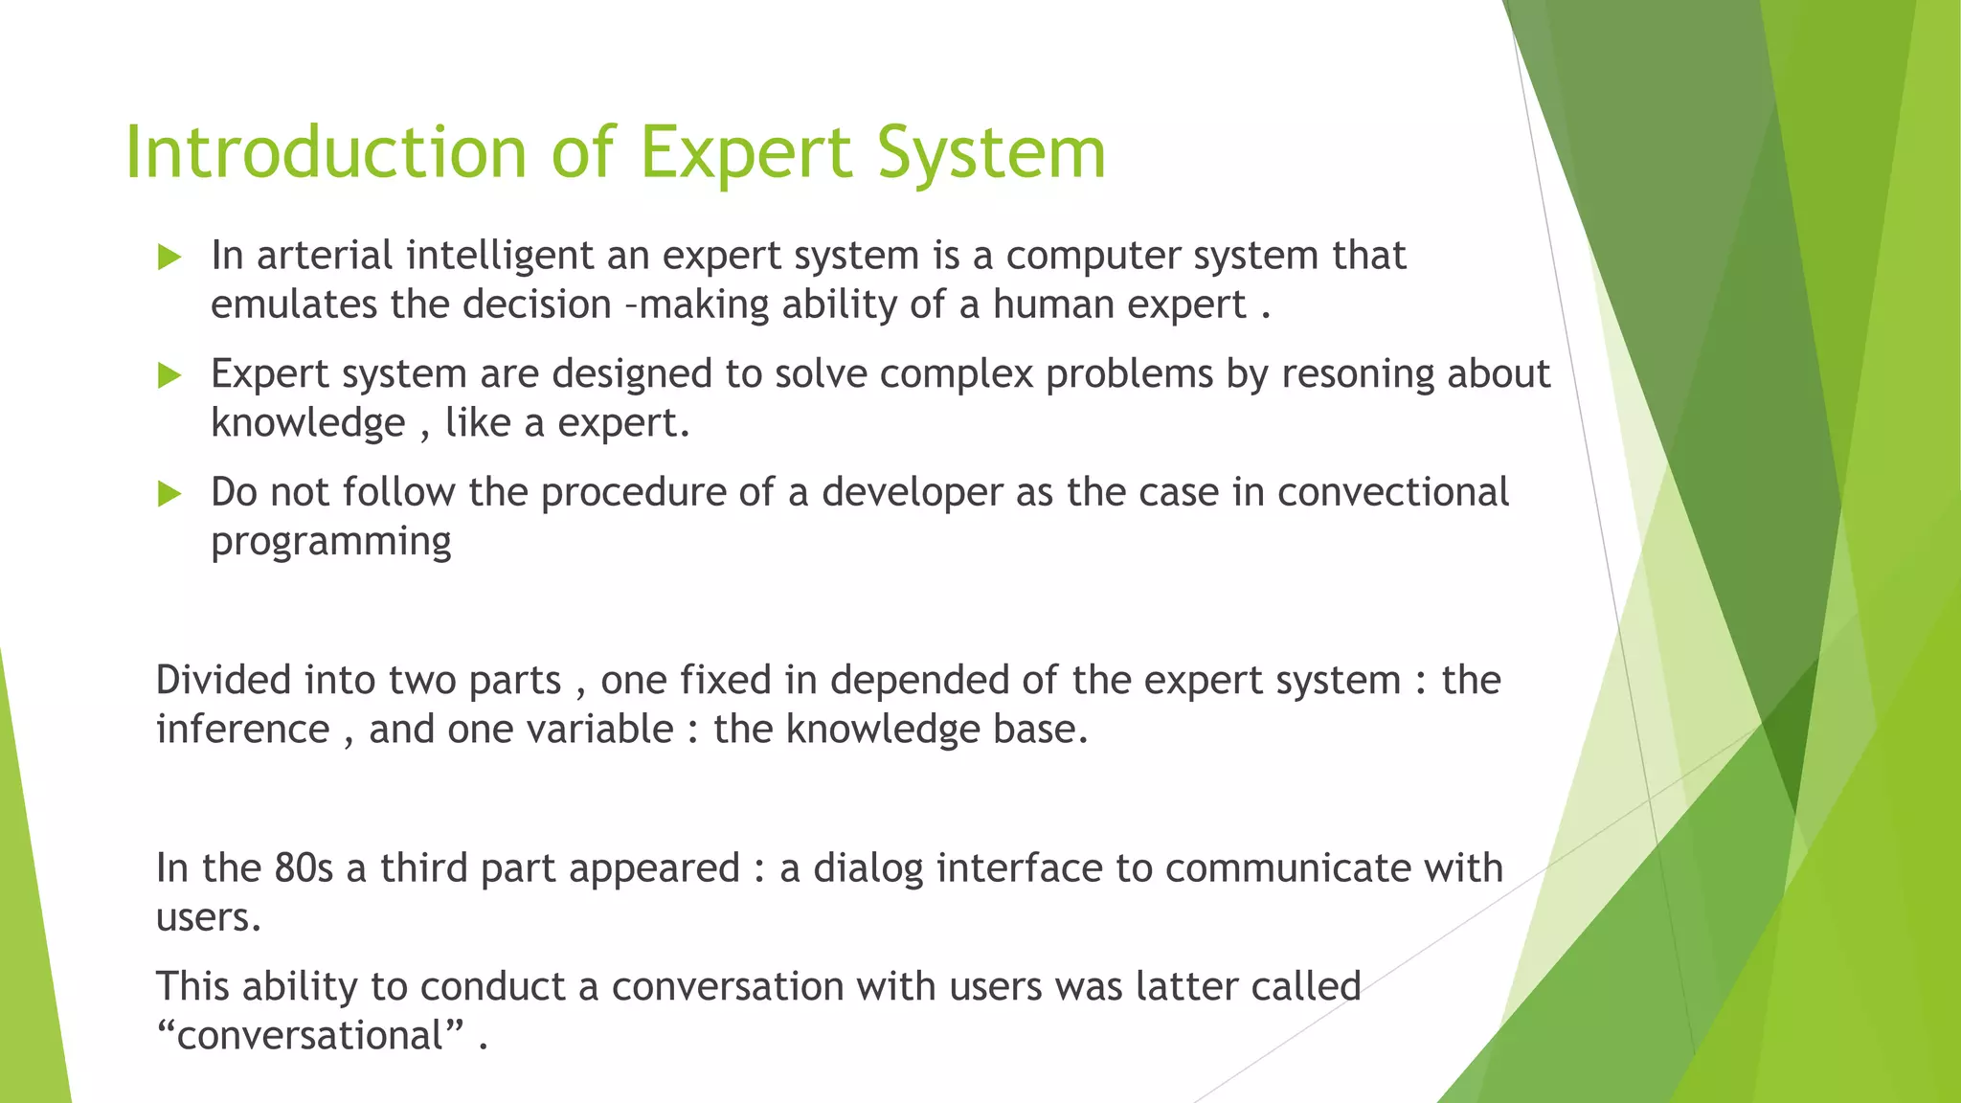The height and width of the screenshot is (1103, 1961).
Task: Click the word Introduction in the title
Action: (326, 153)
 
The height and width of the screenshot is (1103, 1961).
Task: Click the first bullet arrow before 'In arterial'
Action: (169, 257)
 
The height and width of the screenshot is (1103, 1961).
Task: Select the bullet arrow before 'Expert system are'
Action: (169, 375)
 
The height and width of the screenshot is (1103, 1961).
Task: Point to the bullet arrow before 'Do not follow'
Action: (169, 494)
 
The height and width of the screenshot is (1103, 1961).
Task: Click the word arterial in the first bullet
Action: (325, 256)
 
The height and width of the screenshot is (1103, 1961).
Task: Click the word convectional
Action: (1393, 493)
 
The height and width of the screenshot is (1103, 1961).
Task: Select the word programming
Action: (330, 543)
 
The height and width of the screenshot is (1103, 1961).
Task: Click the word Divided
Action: (223, 681)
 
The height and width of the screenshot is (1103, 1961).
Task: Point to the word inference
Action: (242, 731)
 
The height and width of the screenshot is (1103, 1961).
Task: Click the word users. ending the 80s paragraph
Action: (208, 918)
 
